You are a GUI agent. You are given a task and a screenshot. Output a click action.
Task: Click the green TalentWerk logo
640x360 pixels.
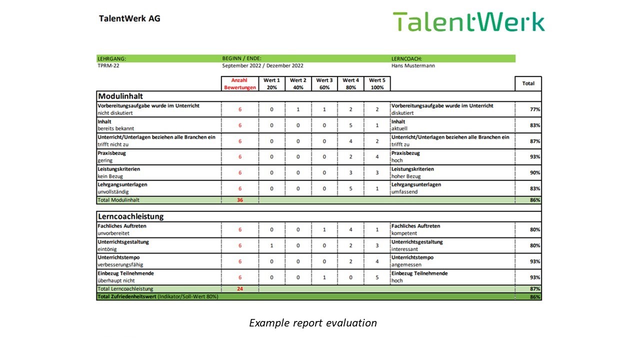pyautogui.click(x=469, y=21)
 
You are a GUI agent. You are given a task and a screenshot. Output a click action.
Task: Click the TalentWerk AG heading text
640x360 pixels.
pyautogui.click(x=129, y=18)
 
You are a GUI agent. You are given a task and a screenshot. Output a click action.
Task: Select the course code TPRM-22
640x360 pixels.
pyautogui.click(x=108, y=65)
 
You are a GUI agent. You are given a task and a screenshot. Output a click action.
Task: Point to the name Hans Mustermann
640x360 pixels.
pyautogui.click(x=413, y=65)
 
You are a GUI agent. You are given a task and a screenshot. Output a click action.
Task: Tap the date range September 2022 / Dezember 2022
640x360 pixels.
pyautogui.click(x=263, y=65)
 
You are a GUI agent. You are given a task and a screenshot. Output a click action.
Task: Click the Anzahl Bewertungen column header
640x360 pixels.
pyautogui.click(x=240, y=83)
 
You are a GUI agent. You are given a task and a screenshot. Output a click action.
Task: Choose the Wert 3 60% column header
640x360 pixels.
pyautogui.click(x=324, y=83)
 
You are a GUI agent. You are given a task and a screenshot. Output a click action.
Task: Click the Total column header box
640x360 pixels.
pyautogui.click(x=528, y=83)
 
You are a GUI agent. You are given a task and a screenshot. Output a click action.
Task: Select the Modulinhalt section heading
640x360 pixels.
pyautogui.click(x=120, y=96)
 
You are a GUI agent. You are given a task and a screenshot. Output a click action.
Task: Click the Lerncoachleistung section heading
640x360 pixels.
pyautogui.click(x=131, y=216)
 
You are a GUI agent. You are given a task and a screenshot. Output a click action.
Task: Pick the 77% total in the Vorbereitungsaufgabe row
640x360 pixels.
pyautogui.click(x=535, y=109)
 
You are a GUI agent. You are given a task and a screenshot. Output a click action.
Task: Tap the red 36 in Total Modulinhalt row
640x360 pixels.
pyautogui.click(x=240, y=200)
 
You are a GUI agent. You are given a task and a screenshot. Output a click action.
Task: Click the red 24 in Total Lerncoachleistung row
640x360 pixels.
pyautogui.click(x=240, y=289)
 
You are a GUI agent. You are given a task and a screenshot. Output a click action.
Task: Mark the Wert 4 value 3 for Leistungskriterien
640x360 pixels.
pyautogui.click(x=350, y=172)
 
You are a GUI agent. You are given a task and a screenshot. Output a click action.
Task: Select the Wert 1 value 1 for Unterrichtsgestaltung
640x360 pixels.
pyautogui.click(x=271, y=245)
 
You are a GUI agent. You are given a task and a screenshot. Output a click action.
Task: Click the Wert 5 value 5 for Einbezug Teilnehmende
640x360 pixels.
pyautogui.click(x=377, y=277)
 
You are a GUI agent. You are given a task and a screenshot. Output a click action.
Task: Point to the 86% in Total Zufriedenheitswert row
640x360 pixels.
pyautogui.click(x=535, y=297)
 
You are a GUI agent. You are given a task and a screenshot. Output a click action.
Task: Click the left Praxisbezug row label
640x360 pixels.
pyautogui.click(x=111, y=153)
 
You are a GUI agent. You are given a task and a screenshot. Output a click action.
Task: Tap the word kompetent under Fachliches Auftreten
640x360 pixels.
pyautogui.click(x=404, y=233)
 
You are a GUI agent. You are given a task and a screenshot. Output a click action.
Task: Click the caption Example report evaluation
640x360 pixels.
pyautogui.click(x=313, y=323)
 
